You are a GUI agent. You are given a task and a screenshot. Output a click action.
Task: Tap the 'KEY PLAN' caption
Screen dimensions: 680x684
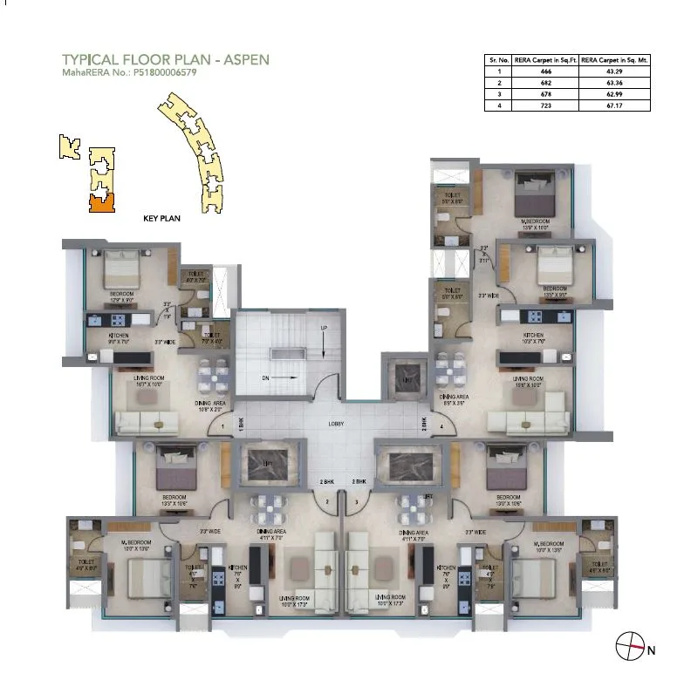(161, 219)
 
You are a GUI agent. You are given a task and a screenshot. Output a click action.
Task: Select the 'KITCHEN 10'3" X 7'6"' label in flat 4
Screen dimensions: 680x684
(533, 338)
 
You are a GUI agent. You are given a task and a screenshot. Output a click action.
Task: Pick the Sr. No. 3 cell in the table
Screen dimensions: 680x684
(500, 93)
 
